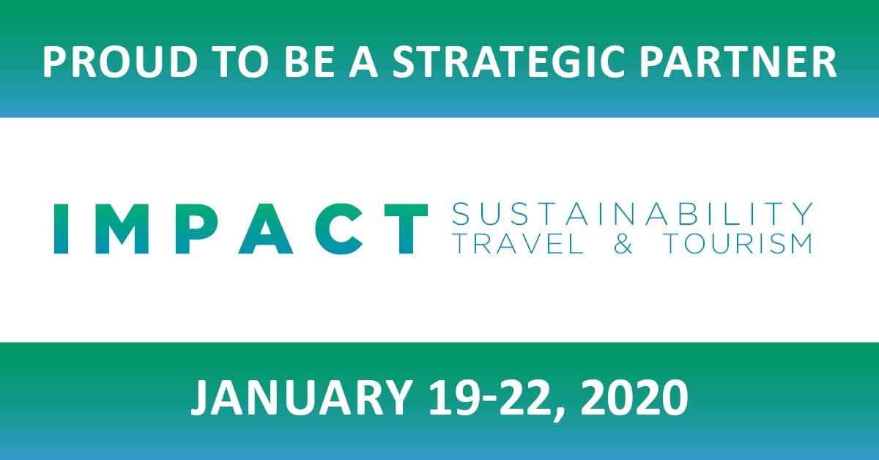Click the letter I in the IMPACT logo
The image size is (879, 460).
pyautogui.click(x=62, y=229)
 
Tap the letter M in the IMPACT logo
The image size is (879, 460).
pyautogui.click(x=122, y=229)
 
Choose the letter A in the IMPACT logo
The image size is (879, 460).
pyautogui.click(x=266, y=229)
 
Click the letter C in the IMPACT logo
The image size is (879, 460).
pyautogui.click(x=338, y=229)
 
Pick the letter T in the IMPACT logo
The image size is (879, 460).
pyautogui.click(x=406, y=229)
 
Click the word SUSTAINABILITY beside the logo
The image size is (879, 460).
pyautogui.click(x=632, y=214)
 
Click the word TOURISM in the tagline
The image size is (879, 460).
pyautogui.click(x=738, y=244)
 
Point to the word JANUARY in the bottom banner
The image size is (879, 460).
pyautogui.click(x=300, y=397)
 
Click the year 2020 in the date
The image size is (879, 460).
pyautogui.click(x=634, y=397)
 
